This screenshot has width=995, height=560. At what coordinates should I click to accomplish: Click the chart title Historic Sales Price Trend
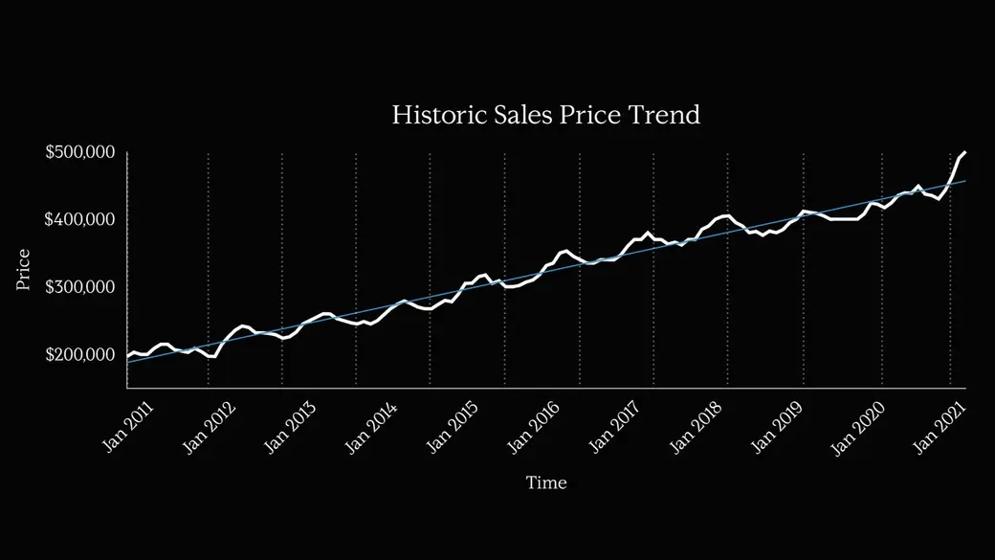[546, 115]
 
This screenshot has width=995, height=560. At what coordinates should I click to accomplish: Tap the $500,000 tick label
[80, 153]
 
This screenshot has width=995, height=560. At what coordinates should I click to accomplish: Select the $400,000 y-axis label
[80, 220]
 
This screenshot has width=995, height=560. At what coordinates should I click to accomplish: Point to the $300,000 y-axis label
[80, 287]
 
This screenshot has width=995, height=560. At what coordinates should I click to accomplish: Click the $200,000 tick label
[80, 354]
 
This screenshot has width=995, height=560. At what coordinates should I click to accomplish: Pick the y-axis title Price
[24, 270]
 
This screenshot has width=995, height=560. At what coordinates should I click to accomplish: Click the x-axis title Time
[546, 482]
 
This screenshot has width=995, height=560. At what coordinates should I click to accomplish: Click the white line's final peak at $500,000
[964, 152]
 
